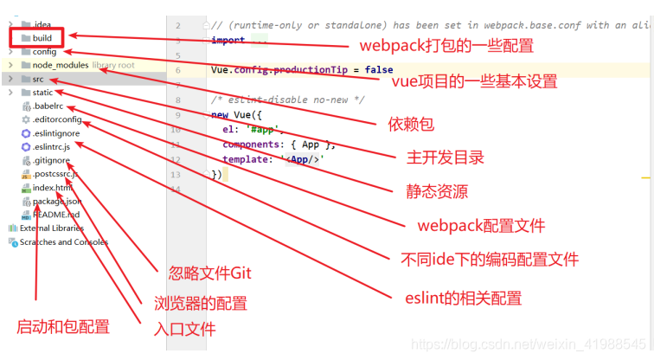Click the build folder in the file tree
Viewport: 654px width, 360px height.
coord(42,38)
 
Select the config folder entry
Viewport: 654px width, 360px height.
coord(44,52)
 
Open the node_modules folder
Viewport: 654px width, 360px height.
coord(61,65)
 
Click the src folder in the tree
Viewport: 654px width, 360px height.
coord(38,79)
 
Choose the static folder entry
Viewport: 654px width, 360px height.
coord(42,93)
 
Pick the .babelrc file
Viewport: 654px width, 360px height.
coord(48,106)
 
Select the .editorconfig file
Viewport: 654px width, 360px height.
coord(57,119)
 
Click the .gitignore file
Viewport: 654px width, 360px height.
coord(51,160)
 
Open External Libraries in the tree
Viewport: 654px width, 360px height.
coord(51,228)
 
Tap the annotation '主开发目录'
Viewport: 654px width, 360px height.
coord(445,157)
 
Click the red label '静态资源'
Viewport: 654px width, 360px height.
coord(437,190)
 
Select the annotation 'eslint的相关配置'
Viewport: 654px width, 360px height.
coord(463,299)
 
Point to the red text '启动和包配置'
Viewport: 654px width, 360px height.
coord(63,327)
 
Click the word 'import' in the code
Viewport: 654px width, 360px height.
coord(227,40)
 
